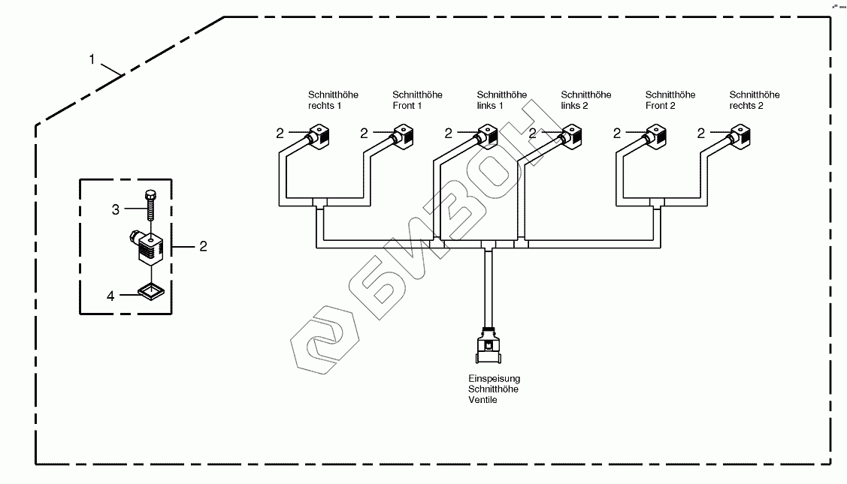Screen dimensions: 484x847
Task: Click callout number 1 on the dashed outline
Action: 92,59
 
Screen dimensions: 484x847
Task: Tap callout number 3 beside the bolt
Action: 116,210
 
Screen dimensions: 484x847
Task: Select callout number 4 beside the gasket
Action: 110,296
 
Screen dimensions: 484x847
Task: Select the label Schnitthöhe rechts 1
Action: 333,100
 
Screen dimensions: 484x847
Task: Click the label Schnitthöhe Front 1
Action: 417,100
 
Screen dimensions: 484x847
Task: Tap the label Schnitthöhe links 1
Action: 501,100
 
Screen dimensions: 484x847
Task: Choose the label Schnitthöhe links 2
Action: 586,100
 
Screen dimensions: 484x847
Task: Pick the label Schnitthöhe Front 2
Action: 670,100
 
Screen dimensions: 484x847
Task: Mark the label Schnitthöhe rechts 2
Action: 755,100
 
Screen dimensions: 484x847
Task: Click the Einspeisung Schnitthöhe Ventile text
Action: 494,389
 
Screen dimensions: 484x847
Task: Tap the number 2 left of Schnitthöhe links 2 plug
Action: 533,134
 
